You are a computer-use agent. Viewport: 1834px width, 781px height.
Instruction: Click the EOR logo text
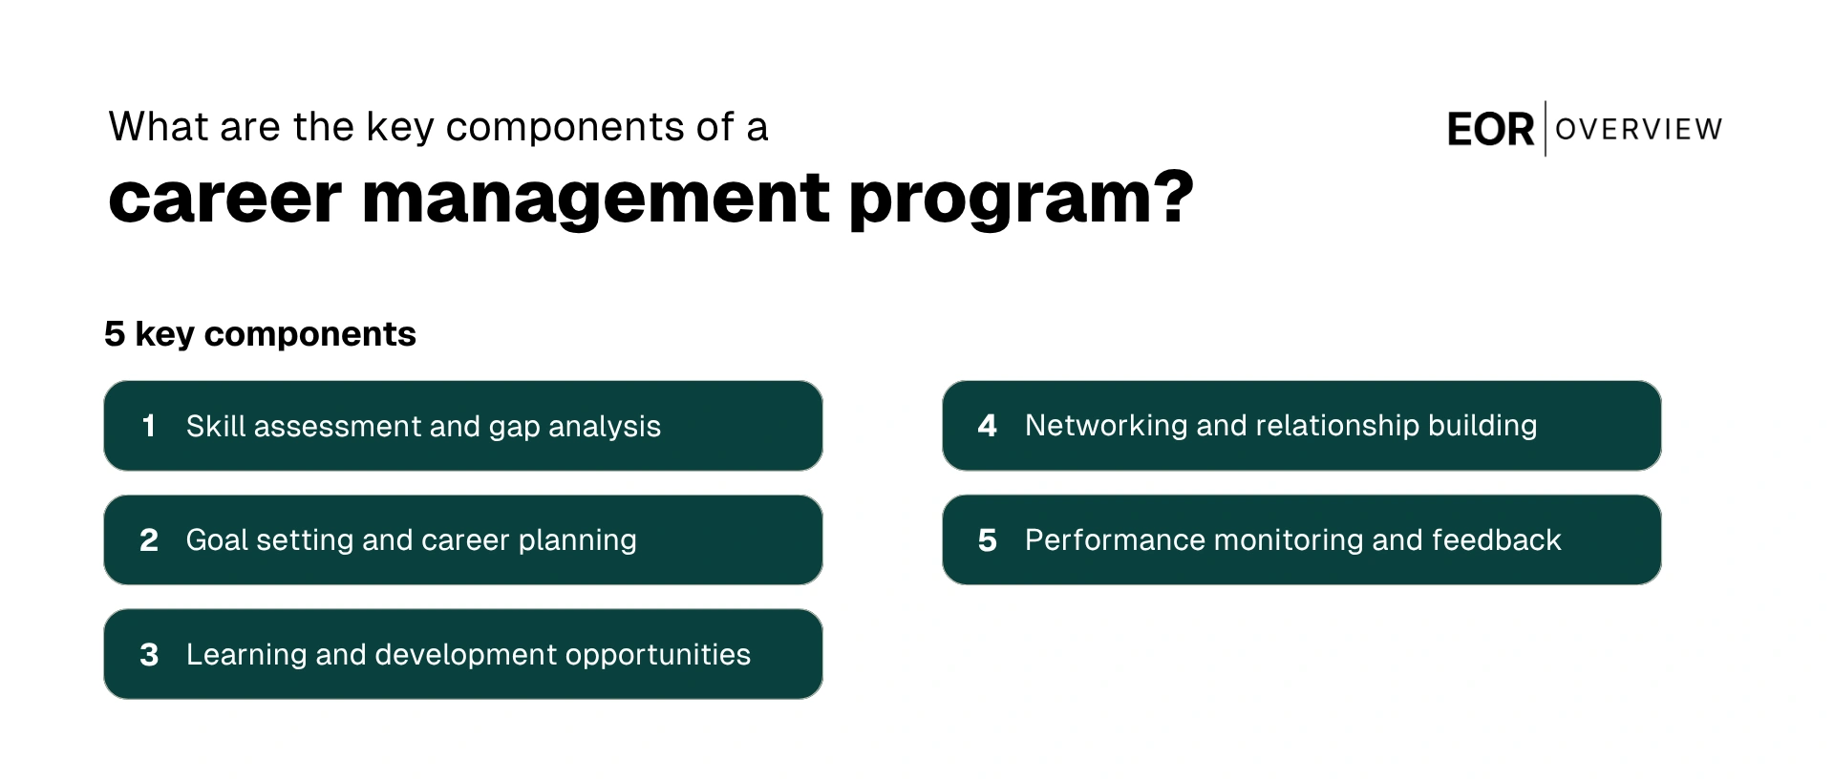tap(1490, 130)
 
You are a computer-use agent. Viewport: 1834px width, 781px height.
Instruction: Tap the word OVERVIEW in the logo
tap(1638, 129)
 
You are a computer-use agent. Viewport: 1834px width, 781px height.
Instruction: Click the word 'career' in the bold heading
tap(224, 199)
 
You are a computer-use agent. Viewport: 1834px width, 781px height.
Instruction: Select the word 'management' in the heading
tap(595, 199)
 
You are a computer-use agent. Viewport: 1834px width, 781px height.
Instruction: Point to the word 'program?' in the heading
tap(1020, 199)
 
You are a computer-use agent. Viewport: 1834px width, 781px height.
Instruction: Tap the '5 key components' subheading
tap(260, 334)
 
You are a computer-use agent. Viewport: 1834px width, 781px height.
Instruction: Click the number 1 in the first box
tap(149, 426)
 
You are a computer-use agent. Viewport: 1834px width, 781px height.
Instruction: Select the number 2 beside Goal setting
tap(149, 540)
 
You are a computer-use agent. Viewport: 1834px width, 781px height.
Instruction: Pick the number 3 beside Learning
tap(149, 655)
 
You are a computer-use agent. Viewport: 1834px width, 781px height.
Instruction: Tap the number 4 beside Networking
tap(988, 426)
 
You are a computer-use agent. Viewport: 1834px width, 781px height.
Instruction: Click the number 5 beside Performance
tap(988, 540)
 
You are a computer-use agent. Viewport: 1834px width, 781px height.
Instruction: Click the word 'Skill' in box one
tap(216, 426)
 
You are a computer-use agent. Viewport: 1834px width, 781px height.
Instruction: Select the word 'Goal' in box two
tap(217, 540)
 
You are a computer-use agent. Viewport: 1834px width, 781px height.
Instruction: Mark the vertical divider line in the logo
tap(1546, 129)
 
